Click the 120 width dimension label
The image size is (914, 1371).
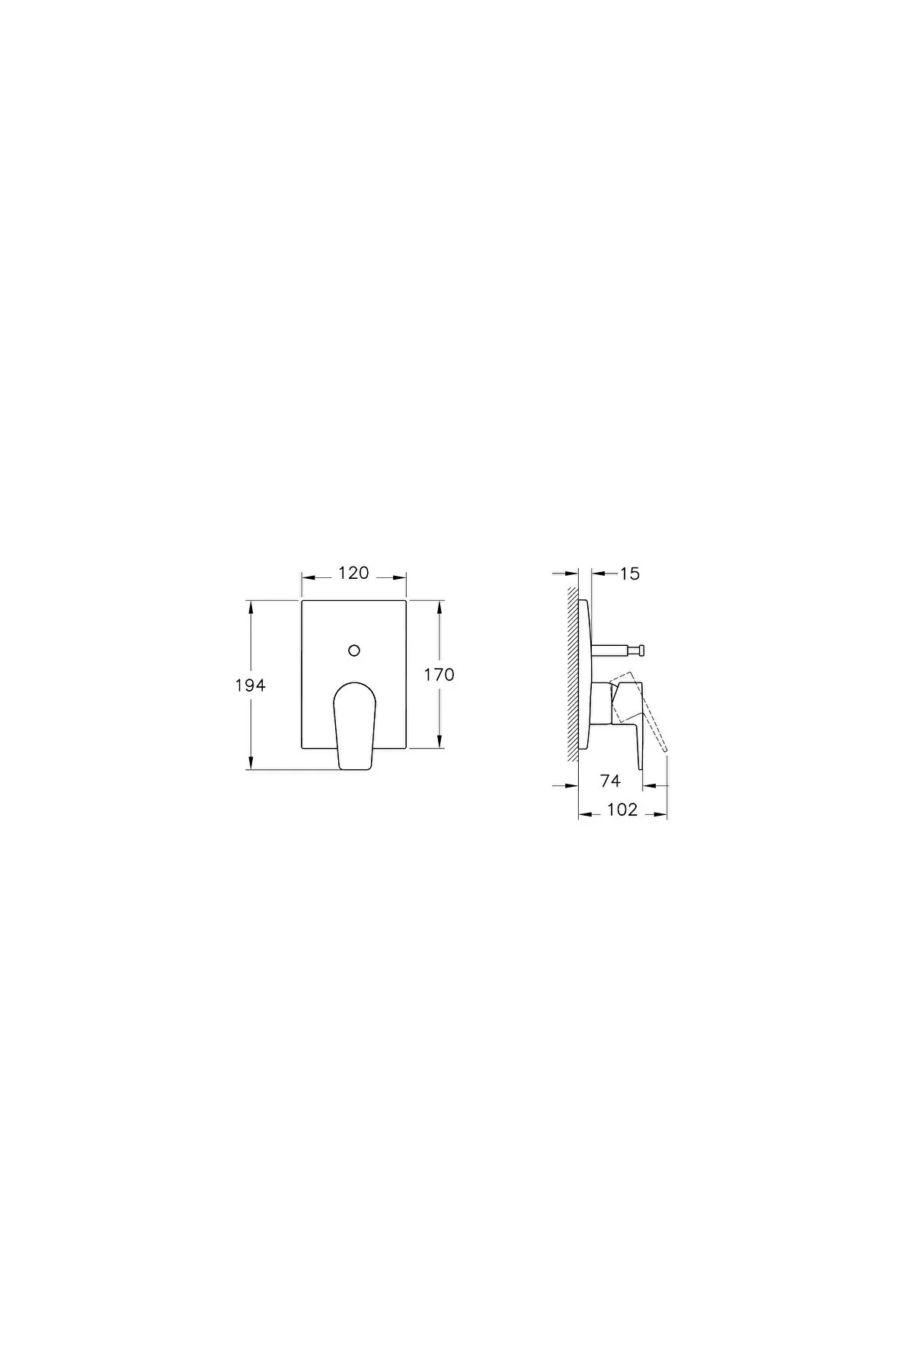click(x=353, y=573)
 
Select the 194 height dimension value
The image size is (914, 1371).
click(x=250, y=685)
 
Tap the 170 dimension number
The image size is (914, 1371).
click(x=439, y=674)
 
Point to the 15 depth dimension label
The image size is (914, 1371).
click(x=630, y=574)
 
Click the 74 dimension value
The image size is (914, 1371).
click(x=610, y=780)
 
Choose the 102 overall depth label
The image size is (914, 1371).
click(x=622, y=810)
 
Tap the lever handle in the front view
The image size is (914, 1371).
click(x=353, y=724)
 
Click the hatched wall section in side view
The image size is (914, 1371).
click(x=572, y=670)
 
